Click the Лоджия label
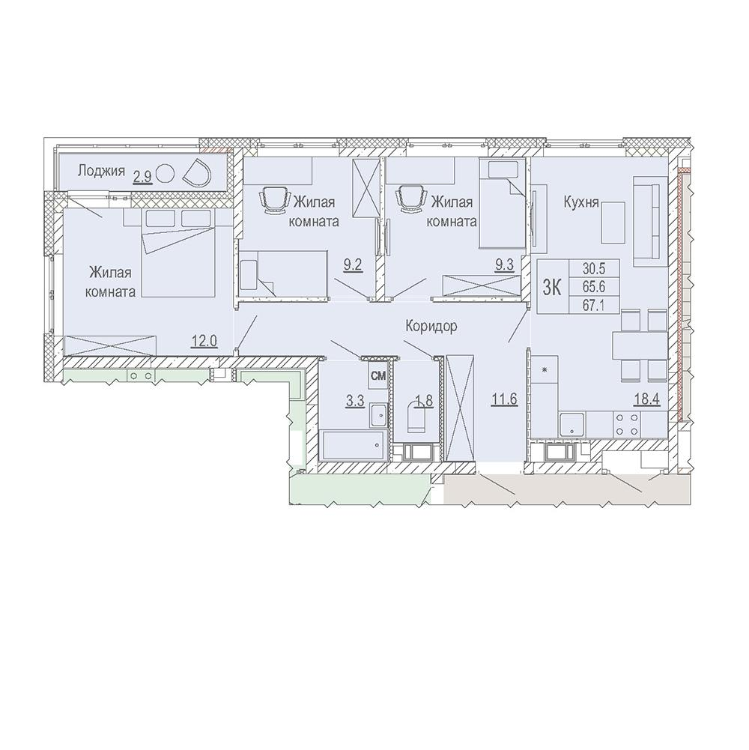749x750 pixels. coord(101,171)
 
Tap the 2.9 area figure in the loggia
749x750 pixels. coord(142,178)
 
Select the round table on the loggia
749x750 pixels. coord(166,172)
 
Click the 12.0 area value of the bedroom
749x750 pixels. coord(204,341)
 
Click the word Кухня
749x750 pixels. coord(581,202)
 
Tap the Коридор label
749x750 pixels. coord(431,326)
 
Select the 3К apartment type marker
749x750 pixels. coord(552,287)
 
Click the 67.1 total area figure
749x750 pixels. coord(593,305)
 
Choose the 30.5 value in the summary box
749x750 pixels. coord(593,269)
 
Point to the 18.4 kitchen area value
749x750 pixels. coord(647,399)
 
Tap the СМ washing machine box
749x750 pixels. coord(377,376)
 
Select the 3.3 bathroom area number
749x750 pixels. coord(355,401)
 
